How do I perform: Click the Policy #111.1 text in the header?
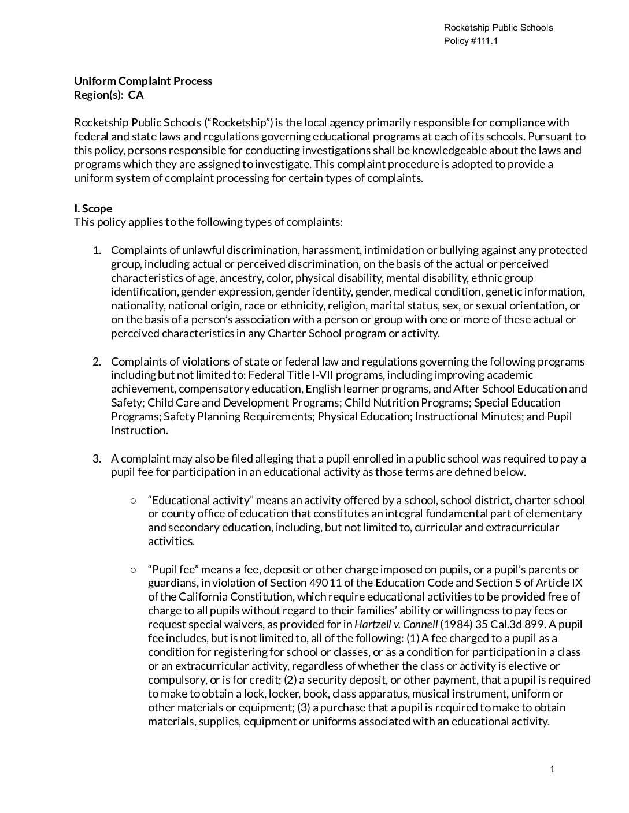[471, 41]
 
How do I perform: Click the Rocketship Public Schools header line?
[498, 28]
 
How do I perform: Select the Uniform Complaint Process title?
[143, 81]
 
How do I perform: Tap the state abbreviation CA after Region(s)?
[136, 95]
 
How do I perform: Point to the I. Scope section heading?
[93, 208]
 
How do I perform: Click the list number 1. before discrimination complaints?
[97, 250]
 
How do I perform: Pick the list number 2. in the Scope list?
[97, 361]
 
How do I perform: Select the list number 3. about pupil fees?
[97, 458]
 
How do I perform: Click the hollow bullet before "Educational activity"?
[134, 500]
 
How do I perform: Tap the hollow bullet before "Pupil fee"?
[134, 569]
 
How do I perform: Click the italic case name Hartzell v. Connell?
[396, 624]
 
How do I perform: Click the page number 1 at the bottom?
[552, 769]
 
